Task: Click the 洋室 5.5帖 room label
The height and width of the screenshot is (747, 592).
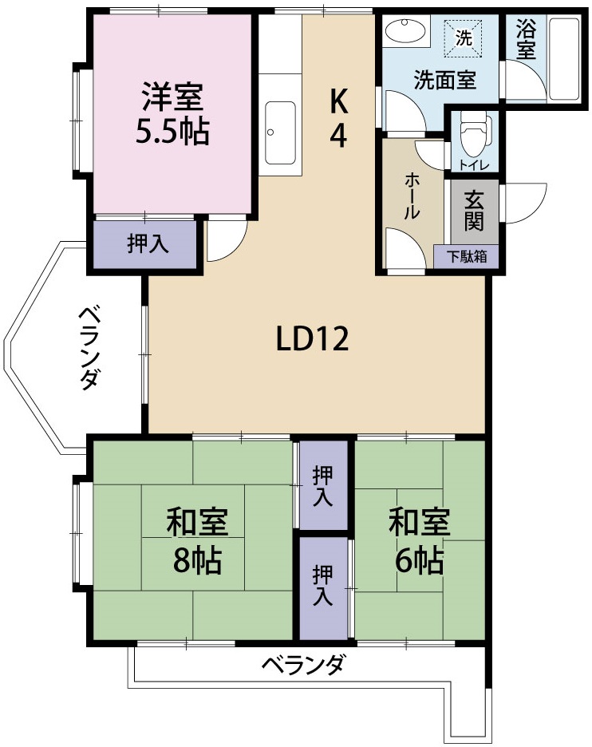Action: pyautogui.click(x=172, y=113)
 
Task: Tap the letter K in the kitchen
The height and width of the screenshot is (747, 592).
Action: pyautogui.click(x=339, y=101)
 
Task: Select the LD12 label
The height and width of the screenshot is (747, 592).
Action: pyautogui.click(x=313, y=340)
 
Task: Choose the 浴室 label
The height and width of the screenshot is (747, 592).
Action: pyautogui.click(x=525, y=40)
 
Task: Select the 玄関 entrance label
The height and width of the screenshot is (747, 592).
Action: pyautogui.click(x=475, y=210)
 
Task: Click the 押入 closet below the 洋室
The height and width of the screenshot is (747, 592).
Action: pyautogui.click(x=147, y=244)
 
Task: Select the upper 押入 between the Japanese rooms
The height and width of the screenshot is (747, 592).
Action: pyautogui.click(x=322, y=485)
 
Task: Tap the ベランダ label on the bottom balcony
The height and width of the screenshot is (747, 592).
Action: pyautogui.click(x=304, y=663)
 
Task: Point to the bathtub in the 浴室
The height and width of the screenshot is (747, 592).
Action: pyautogui.click(x=566, y=56)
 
